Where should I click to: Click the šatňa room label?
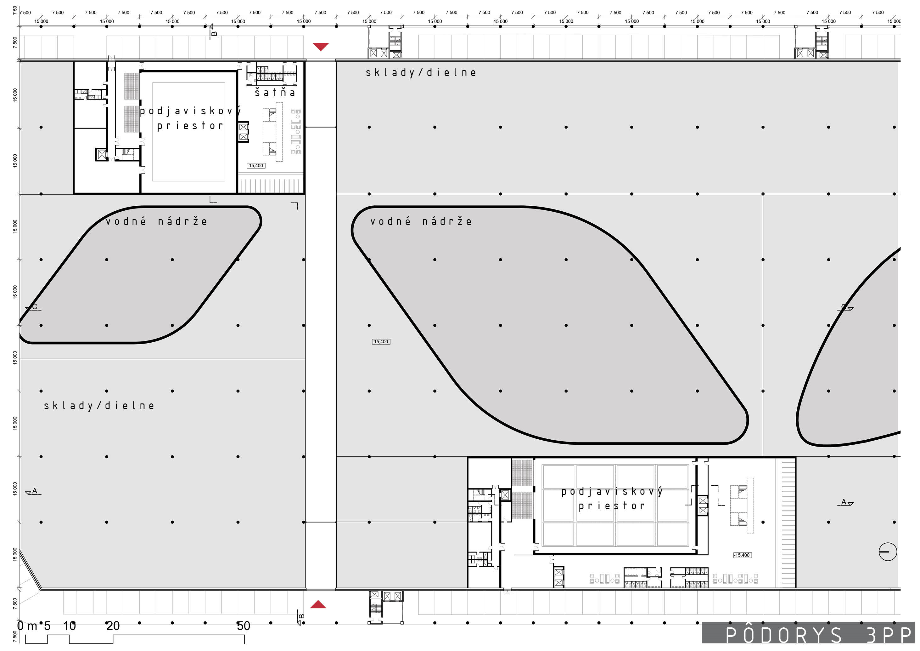pyautogui.click(x=275, y=93)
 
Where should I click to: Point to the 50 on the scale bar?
pyautogui.click(x=243, y=626)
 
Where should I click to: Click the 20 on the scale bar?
pyautogui.click(x=113, y=626)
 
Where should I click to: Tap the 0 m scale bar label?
pyautogui.click(x=27, y=626)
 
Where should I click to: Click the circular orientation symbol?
pyautogui.click(x=888, y=551)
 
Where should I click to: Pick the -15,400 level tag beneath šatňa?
pyautogui.click(x=256, y=166)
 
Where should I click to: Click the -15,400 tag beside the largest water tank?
pyautogui.click(x=381, y=342)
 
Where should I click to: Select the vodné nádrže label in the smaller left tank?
pyautogui.click(x=157, y=221)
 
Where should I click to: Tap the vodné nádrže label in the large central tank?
pyautogui.click(x=421, y=221)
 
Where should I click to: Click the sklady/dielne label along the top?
pyautogui.click(x=421, y=73)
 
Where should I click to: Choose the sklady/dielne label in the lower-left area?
pyautogui.click(x=99, y=406)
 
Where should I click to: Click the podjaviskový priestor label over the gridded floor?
pyautogui.click(x=612, y=499)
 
